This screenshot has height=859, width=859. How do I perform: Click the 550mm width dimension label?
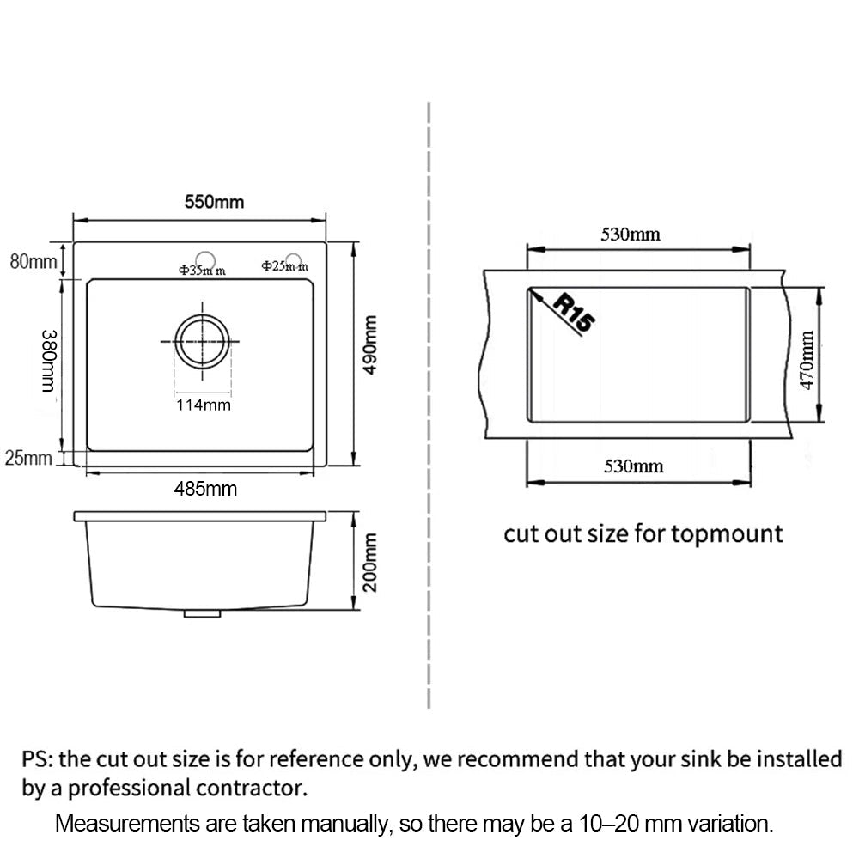click(x=214, y=202)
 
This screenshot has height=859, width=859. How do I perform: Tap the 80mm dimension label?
click(x=34, y=262)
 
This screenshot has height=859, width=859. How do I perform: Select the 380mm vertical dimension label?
click(x=49, y=361)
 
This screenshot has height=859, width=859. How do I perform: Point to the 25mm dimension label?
click(x=28, y=458)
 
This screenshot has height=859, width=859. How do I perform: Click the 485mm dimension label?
click(x=205, y=489)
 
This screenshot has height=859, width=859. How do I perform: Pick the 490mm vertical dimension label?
click(x=371, y=345)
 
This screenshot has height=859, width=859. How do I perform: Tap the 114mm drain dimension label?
click(x=204, y=405)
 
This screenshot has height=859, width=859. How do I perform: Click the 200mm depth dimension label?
click(x=371, y=562)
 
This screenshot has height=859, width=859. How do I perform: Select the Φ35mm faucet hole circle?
click(x=205, y=253)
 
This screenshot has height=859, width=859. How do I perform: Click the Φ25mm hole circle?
click(x=294, y=255)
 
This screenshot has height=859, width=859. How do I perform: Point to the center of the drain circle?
click(x=202, y=341)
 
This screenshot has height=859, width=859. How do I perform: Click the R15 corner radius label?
click(x=574, y=314)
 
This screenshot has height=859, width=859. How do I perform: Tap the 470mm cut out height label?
click(x=807, y=360)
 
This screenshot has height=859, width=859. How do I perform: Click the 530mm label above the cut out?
click(x=631, y=235)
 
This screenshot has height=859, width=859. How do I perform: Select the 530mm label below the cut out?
click(x=634, y=466)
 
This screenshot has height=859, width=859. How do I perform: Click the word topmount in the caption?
click(x=727, y=534)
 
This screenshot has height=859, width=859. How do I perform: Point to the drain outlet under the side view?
click(x=202, y=613)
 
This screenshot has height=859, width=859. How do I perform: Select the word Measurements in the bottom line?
click(x=127, y=824)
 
